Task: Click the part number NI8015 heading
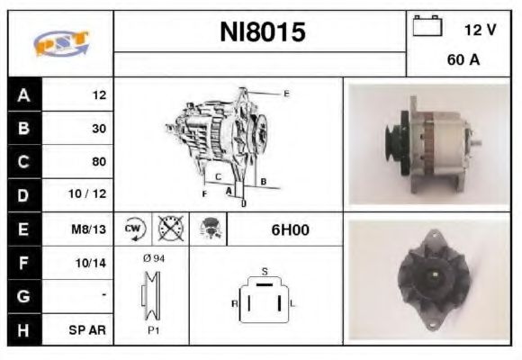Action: click(263, 33)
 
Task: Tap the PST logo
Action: click(61, 43)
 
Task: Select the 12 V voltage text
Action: click(480, 30)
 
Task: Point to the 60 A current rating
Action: click(462, 60)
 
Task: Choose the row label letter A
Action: click(23, 94)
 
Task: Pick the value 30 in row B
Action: click(98, 128)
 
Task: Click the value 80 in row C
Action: click(98, 162)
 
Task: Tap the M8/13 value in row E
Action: click(90, 229)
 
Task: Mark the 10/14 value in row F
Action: click(93, 263)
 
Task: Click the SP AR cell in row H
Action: click(90, 330)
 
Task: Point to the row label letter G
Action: click(23, 296)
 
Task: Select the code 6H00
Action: click(290, 229)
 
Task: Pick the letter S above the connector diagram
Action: click(264, 270)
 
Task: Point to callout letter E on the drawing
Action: click(286, 93)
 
